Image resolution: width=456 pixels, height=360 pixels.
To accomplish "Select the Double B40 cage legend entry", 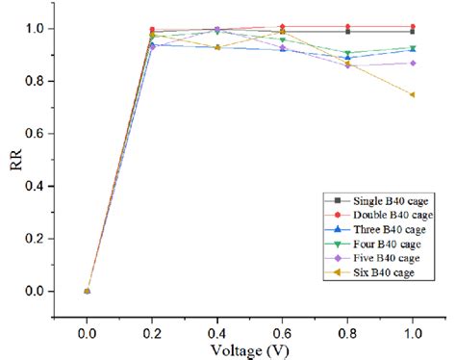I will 376,213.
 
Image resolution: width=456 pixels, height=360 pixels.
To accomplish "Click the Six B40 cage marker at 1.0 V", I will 413,94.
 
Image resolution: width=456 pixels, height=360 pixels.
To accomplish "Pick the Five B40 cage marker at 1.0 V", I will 413,63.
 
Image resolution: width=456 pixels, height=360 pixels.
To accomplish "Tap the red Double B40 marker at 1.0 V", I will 413,27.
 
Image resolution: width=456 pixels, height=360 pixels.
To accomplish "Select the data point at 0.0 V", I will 87,291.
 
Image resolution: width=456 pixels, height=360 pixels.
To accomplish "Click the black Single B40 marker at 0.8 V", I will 347,32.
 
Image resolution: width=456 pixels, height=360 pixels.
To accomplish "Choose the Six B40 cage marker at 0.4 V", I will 217,47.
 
